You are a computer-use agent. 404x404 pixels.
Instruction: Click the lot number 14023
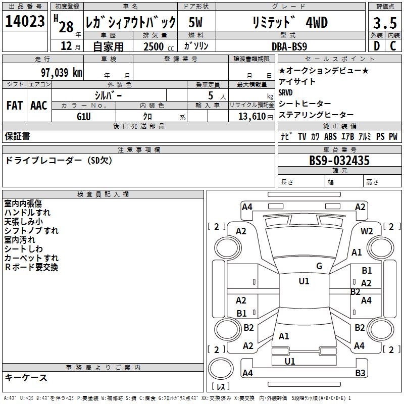tap(25, 22)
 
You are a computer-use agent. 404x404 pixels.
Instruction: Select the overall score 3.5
tap(384, 23)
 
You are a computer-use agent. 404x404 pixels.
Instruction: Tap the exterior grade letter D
tap(376, 45)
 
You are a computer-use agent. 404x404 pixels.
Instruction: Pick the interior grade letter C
tap(393, 45)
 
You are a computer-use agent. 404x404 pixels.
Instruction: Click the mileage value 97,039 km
tap(61, 73)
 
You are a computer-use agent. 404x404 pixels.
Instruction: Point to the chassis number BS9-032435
tap(339, 161)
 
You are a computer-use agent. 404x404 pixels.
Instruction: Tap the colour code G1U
tap(83, 116)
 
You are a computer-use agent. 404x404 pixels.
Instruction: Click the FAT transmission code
tap(14, 106)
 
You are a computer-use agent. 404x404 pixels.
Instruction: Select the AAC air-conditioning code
tap(38, 106)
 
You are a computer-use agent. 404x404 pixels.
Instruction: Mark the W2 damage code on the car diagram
tap(367, 231)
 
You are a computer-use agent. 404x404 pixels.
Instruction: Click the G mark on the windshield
tap(319, 266)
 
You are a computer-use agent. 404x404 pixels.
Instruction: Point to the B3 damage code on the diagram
tap(360, 373)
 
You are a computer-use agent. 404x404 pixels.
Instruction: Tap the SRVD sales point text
tap(285, 92)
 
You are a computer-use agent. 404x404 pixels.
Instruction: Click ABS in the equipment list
tap(331, 137)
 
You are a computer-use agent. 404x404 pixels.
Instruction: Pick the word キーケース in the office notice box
tap(26, 378)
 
